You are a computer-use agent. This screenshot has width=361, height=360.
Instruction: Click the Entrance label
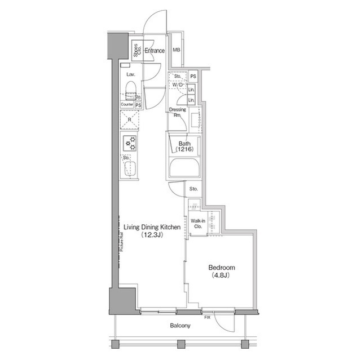(154, 51)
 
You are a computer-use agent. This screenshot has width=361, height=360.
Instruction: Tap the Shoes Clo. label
(137, 51)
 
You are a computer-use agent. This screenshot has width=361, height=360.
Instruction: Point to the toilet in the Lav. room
(130, 89)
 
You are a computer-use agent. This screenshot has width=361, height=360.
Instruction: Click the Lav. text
(130, 74)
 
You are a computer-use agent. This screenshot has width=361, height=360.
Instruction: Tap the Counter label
(126, 105)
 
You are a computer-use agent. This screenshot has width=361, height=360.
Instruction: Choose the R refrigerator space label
(130, 120)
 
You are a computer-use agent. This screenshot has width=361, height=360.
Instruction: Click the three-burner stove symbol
(130, 143)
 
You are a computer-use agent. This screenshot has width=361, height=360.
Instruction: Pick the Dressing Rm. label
(178, 112)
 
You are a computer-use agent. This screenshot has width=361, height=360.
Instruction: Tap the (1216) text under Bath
(184, 150)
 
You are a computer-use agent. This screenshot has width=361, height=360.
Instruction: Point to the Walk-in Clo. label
(197, 223)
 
